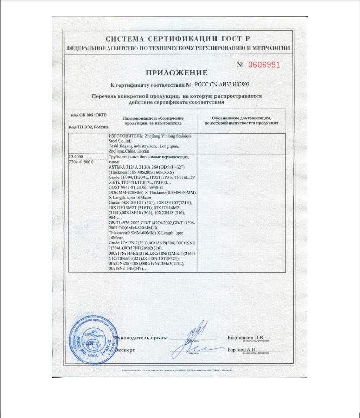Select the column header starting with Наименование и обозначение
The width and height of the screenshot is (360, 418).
coord(152,120)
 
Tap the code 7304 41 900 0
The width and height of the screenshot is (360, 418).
coord(84,163)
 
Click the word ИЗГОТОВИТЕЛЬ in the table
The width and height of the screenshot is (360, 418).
coord(124,136)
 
